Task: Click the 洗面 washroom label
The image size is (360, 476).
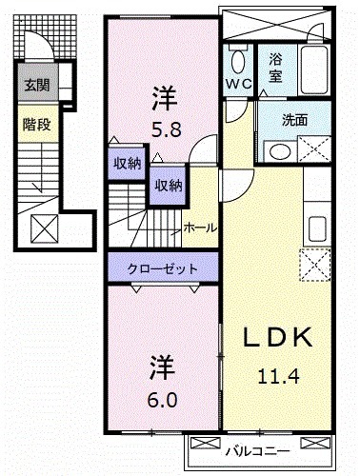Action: tap(294, 121)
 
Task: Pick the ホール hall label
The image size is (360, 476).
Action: tap(199, 228)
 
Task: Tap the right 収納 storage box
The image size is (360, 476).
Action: tap(168, 186)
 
